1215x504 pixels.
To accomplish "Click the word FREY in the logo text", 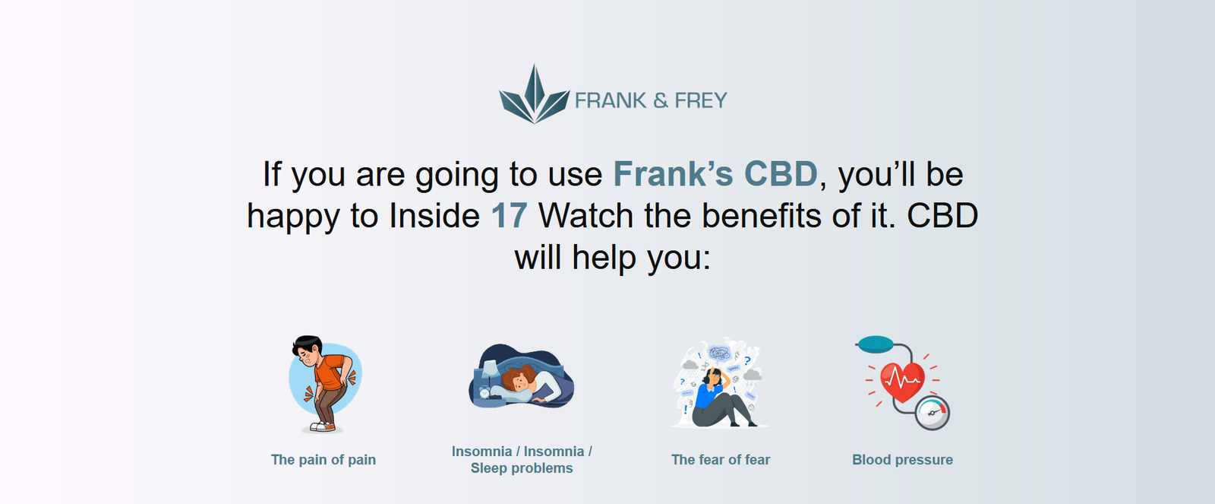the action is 700,100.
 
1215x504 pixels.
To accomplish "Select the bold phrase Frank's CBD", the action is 715,174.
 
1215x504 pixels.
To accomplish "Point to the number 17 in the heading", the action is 509,216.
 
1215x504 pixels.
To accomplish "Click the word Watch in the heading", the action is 585,216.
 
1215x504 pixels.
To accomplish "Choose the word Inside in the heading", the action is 434,216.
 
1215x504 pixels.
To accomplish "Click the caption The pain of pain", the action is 323,460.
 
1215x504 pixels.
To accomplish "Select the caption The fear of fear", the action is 721,460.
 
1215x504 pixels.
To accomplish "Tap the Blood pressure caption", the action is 903,460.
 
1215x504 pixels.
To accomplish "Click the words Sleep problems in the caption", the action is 522,468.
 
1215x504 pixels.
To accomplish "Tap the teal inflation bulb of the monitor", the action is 876,344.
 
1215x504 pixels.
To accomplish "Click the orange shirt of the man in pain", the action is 329,371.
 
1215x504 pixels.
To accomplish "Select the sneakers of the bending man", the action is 323,427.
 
